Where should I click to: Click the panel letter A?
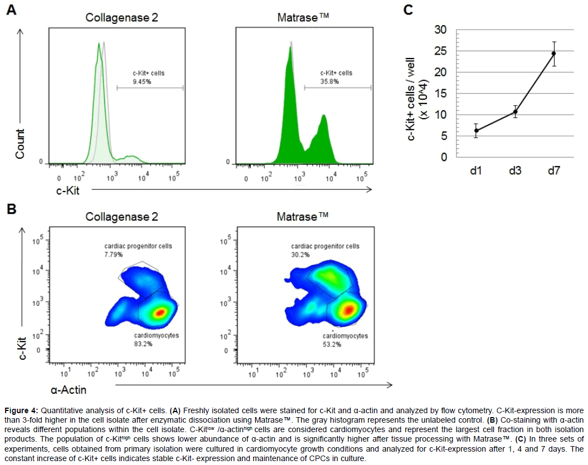coord(11,11)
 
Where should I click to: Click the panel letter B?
coord(11,210)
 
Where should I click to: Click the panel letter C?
coord(409,9)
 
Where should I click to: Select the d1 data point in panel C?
coord(476,130)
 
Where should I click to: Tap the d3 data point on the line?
coord(516,112)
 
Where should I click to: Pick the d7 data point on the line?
coord(554,53)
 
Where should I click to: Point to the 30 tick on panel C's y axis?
coord(440,30)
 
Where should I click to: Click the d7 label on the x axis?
coord(554,170)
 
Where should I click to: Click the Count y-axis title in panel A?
coord(21,144)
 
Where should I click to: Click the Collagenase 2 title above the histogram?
coord(122,18)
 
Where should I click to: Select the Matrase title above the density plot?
coord(303,216)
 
